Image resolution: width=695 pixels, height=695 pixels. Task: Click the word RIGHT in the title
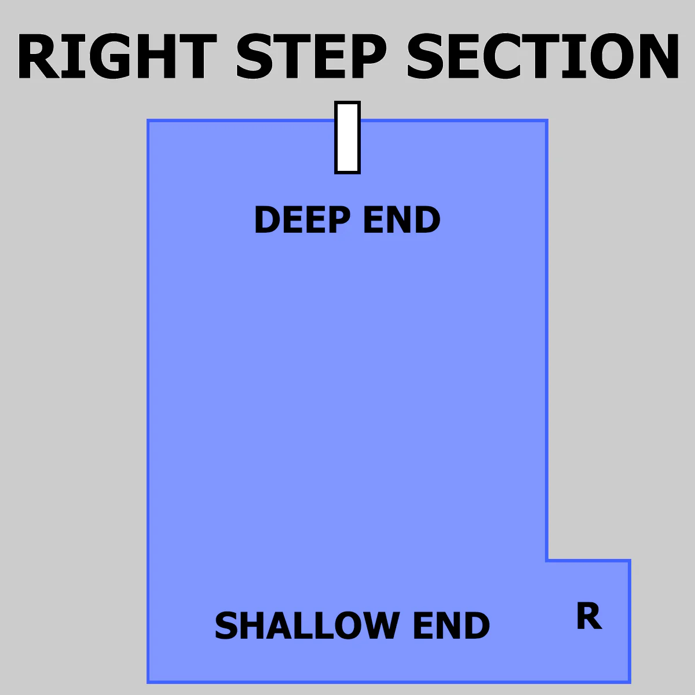(x=117, y=56)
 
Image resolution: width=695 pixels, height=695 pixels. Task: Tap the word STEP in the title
(x=311, y=56)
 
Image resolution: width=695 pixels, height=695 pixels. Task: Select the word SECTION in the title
(x=543, y=56)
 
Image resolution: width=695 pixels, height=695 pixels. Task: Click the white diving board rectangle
(x=348, y=137)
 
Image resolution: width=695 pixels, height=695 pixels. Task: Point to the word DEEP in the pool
(x=302, y=220)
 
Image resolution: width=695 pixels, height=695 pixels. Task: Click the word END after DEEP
(x=402, y=220)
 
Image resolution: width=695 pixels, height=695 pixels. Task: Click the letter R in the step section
(x=589, y=616)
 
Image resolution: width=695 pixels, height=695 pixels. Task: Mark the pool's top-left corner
(x=148, y=120)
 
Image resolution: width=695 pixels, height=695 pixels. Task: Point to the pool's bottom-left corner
(x=148, y=682)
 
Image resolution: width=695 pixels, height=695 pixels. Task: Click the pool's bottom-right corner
(x=630, y=682)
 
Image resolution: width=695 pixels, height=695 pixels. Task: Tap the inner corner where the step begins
(x=547, y=561)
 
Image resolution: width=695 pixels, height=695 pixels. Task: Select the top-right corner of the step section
(x=630, y=561)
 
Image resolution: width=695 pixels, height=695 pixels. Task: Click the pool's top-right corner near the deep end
(x=547, y=120)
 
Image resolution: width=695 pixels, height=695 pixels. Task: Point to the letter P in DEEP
(x=339, y=220)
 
